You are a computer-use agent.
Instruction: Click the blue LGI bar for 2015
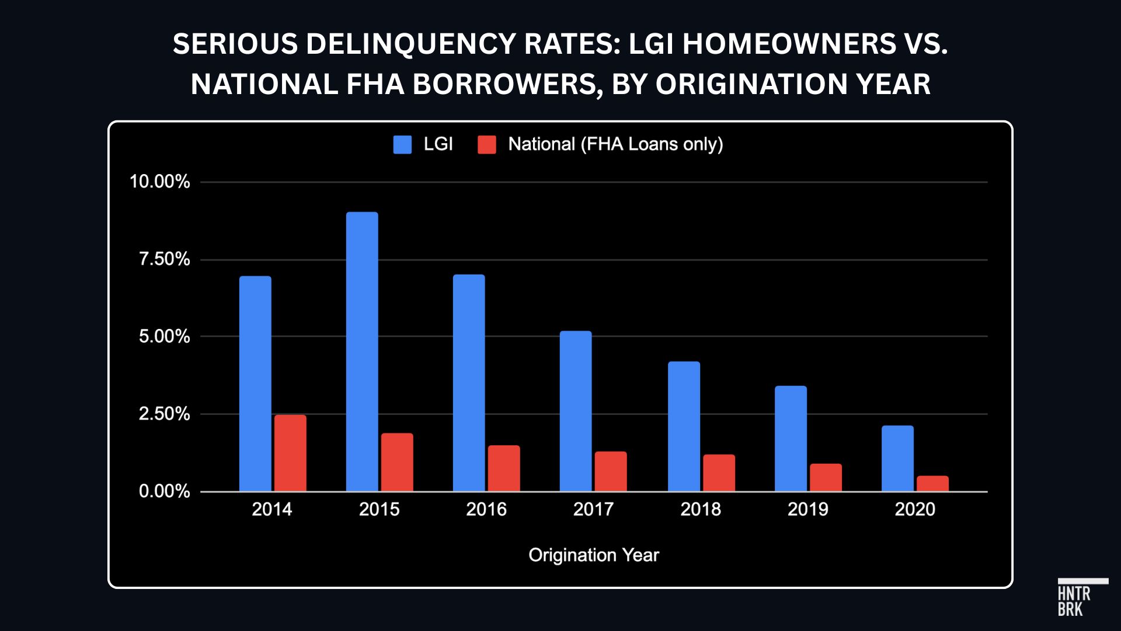click(362, 352)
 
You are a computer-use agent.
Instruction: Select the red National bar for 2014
click(290, 453)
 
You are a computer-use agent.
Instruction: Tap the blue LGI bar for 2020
click(897, 459)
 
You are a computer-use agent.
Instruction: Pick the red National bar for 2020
click(932, 484)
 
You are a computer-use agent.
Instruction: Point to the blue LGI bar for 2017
click(576, 411)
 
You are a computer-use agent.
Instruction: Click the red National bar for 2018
click(719, 473)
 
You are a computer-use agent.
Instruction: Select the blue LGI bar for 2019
click(791, 439)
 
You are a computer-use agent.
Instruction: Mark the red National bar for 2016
click(504, 468)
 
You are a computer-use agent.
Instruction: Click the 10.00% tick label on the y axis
click(160, 182)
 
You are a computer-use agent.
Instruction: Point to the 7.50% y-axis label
click(164, 259)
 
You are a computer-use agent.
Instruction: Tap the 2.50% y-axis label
click(164, 414)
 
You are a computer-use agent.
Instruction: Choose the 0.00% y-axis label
click(164, 491)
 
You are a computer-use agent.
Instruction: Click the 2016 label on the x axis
click(486, 509)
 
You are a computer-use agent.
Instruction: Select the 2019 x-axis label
click(807, 509)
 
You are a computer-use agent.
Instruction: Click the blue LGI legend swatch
click(402, 144)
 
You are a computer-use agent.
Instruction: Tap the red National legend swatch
click(487, 144)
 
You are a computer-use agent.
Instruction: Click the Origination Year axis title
click(594, 555)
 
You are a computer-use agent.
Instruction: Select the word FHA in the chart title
click(375, 84)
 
